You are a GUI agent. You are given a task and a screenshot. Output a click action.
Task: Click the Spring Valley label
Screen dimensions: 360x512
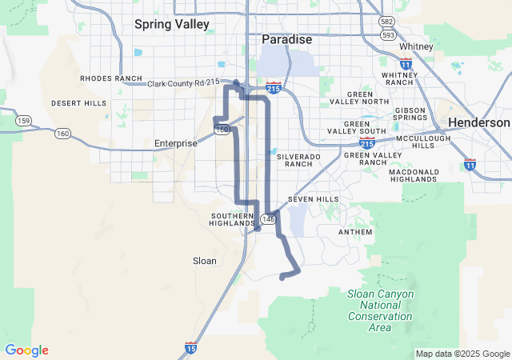click(x=172, y=24)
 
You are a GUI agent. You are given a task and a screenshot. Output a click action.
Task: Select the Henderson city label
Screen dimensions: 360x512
click(x=478, y=122)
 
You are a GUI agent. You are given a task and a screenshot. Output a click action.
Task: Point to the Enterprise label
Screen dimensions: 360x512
click(x=175, y=143)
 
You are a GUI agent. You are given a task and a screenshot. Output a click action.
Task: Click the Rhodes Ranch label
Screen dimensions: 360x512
click(x=110, y=78)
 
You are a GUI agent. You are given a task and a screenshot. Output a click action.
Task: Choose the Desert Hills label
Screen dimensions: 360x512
click(x=78, y=103)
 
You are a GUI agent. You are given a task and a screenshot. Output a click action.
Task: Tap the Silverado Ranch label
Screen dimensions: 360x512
click(x=298, y=160)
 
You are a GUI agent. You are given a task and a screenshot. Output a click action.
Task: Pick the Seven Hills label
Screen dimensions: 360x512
click(x=313, y=198)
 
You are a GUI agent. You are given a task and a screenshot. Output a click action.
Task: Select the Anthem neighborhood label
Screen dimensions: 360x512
click(x=355, y=232)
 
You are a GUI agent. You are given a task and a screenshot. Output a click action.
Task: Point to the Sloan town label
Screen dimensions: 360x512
click(x=205, y=261)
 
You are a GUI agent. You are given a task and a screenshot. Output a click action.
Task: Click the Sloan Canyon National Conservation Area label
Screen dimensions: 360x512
click(x=381, y=310)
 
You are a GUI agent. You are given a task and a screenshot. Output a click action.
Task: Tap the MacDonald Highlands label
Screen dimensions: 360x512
click(x=413, y=175)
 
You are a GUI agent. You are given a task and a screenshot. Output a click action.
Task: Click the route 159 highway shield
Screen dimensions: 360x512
click(x=23, y=121)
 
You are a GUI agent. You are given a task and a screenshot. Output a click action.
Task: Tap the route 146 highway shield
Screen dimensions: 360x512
click(x=267, y=218)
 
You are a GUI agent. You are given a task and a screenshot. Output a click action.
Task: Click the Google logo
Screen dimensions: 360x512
click(x=26, y=350)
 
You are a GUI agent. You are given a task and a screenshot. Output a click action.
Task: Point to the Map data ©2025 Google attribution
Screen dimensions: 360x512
click(x=462, y=354)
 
